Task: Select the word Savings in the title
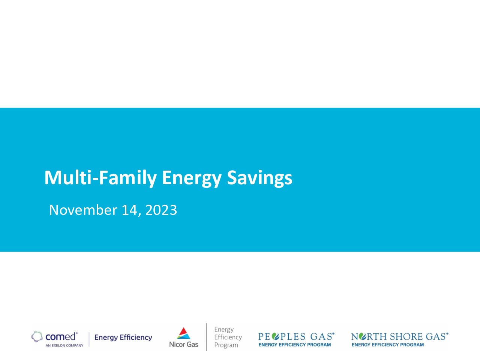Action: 259,178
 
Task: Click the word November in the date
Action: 83,210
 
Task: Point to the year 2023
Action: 161,210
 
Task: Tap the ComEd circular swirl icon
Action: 37,337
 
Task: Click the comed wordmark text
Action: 61,337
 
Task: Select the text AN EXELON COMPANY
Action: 64,346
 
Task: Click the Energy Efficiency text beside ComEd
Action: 123,337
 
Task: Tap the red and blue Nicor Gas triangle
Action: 183,333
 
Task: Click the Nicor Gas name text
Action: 184,345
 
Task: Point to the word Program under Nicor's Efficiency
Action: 226,345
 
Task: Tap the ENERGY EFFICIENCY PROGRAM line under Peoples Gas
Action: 294,345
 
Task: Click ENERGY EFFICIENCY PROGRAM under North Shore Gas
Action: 388,345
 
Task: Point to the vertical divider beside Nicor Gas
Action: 206,337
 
